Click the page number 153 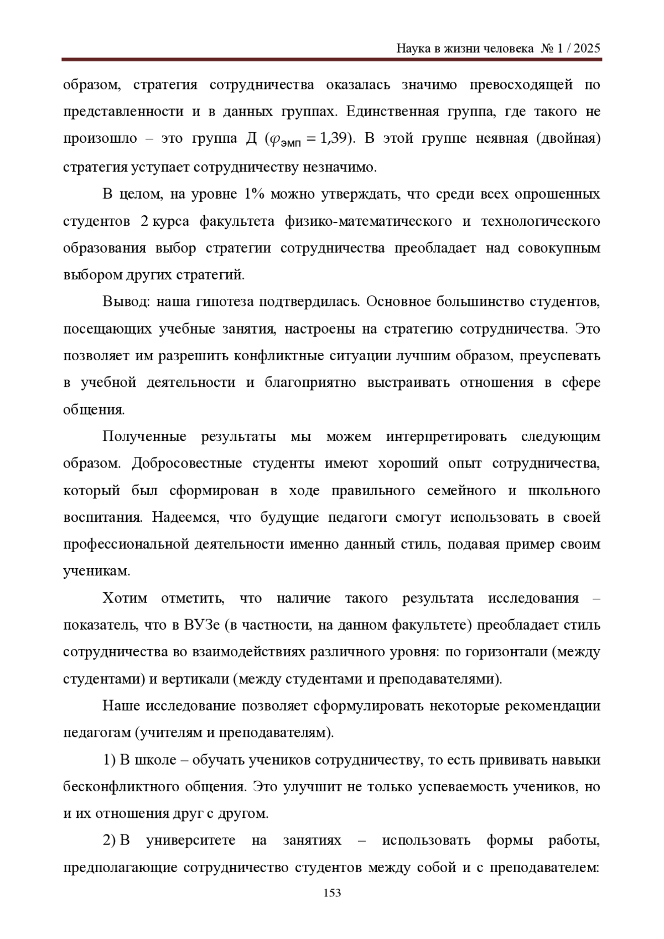tap(332, 893)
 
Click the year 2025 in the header tap(587, 49)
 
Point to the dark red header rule tap(332, 59)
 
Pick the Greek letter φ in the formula tap(273, 140)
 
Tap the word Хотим tap(125, 598)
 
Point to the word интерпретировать tap(447, 437)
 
